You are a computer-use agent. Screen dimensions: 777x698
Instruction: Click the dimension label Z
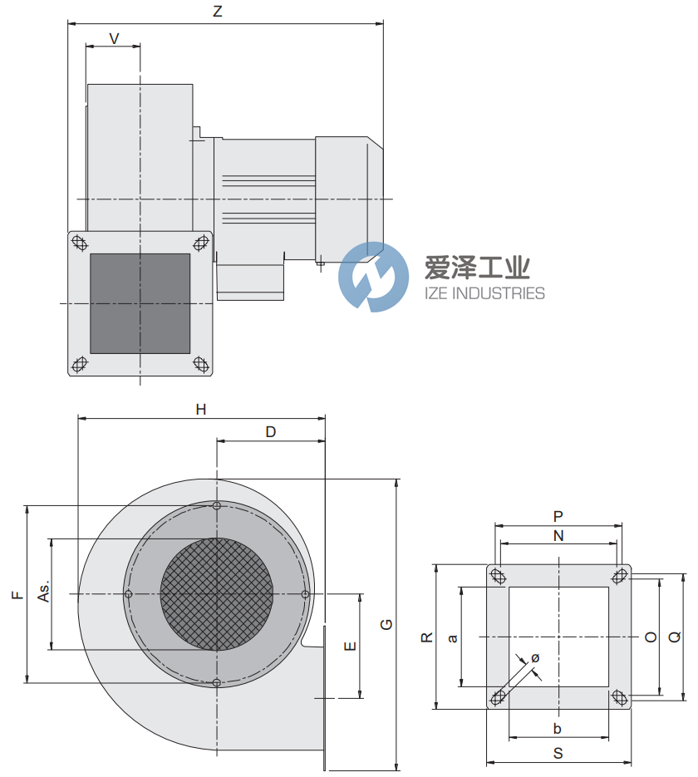[217, 11]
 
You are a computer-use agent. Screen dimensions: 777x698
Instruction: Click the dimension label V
[114, 37]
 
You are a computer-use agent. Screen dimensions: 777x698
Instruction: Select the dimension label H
[200, 409]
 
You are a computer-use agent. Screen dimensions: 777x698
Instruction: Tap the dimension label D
[270, 431]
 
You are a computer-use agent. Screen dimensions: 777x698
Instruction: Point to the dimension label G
[386, 625]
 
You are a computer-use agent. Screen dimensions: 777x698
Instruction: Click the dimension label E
[350, 646]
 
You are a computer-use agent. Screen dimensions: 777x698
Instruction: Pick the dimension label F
[16, 594]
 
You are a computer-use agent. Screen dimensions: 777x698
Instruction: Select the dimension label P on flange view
[558, 516]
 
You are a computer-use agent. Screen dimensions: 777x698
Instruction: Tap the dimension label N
[558, 536]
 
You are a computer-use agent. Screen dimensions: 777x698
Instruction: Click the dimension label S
[558, 753]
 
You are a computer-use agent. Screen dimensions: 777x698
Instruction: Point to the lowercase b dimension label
[558, 729]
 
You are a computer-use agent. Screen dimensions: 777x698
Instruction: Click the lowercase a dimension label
[453, 638]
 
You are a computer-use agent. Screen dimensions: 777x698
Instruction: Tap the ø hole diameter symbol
[535, 657]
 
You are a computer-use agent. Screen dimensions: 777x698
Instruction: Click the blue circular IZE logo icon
[373, 277]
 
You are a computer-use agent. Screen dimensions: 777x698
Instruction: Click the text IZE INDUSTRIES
[484, 293]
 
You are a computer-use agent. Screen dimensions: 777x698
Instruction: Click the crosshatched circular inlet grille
[216, 593]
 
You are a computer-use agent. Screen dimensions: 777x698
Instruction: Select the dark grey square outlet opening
[140, 303]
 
